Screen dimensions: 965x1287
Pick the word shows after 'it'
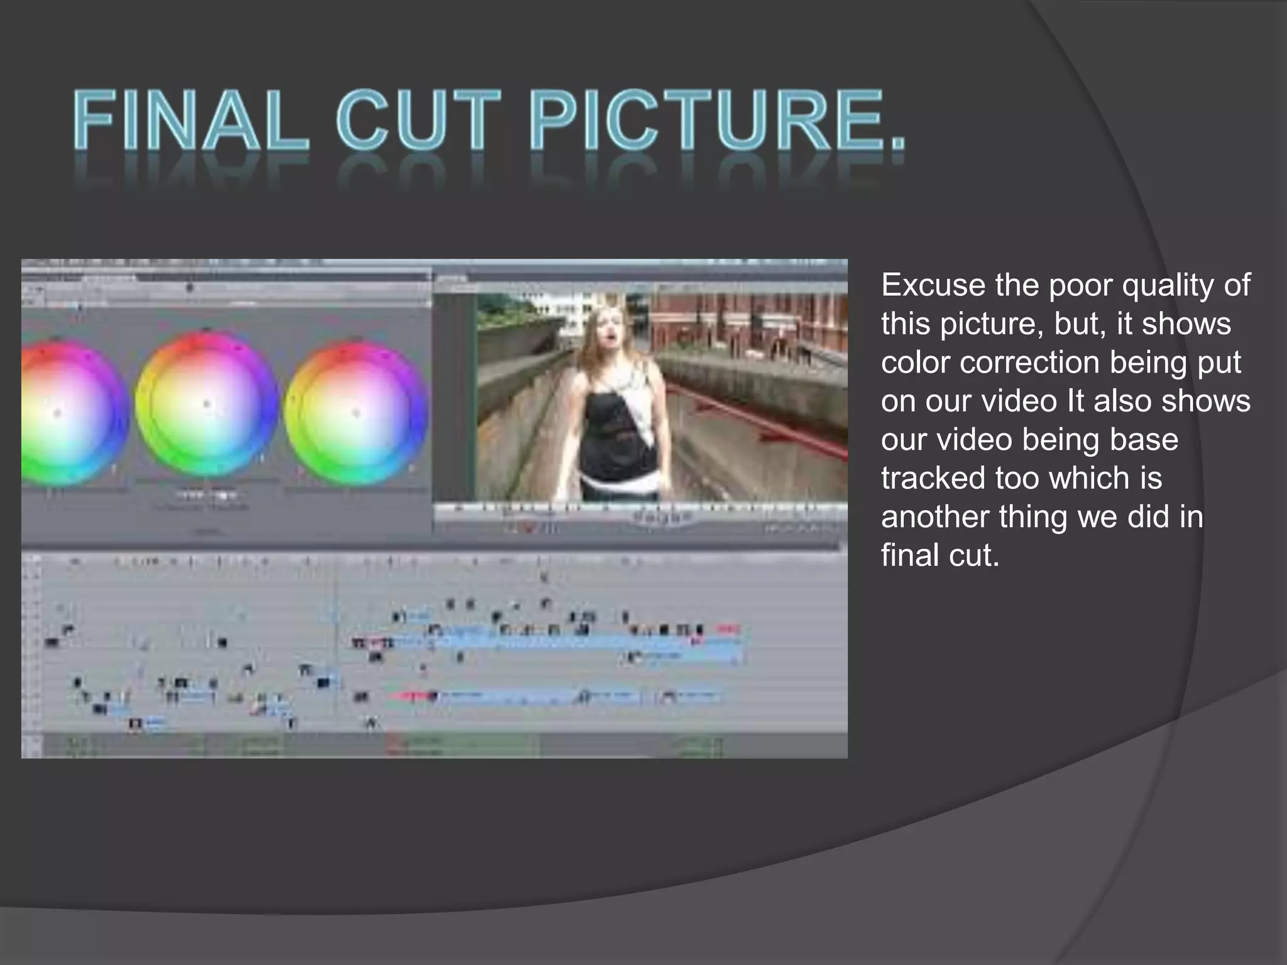point(1186,324)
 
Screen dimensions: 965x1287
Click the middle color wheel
point(206,405)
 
